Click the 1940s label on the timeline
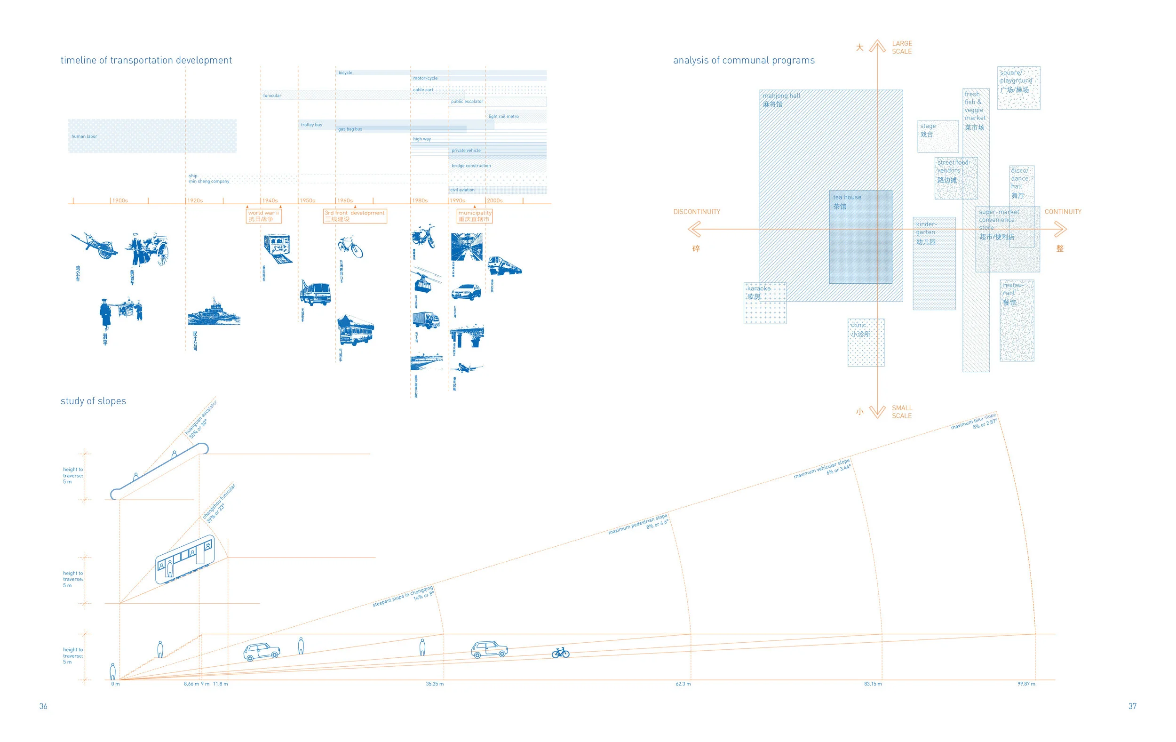pos(270,201)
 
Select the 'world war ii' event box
pos(264,216)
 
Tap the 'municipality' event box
pos(475,216)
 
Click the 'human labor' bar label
pos(84,136)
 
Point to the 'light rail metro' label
pos(503,116)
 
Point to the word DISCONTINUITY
pos(696,212)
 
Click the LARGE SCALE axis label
pos(902,48)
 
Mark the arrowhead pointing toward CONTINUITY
pos(1060,229)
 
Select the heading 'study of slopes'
pos(93,401)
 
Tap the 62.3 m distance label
pos(683,684)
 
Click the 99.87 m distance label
pos(1026,684)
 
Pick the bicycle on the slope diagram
pos(560,653)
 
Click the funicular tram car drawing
pos(185,559)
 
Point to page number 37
pos(1132,706)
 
